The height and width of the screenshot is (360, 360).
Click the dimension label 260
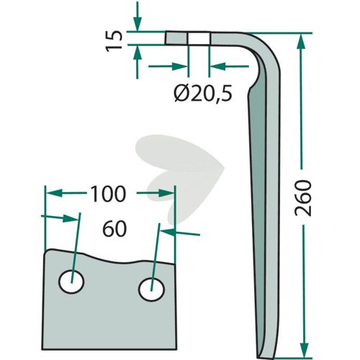303,198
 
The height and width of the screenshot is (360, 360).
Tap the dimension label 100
108,194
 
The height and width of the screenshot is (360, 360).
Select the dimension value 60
114,229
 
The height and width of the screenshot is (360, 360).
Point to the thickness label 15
114,40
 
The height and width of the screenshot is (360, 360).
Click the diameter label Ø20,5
203,94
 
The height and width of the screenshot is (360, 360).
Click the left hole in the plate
71,282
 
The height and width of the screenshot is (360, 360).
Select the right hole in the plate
151,289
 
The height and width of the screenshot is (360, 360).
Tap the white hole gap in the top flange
199,38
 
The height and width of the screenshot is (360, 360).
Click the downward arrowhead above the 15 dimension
137,24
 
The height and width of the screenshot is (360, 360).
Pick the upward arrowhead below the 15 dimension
137,53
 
